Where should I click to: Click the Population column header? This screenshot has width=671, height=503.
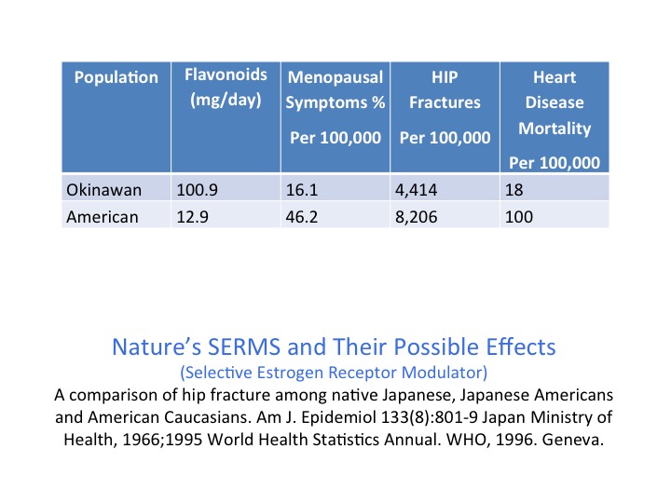click(x=116, y=77)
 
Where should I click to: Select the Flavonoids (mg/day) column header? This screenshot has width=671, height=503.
click(x=226, y=87)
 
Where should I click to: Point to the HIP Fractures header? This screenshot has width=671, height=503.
click(x=445, y=89)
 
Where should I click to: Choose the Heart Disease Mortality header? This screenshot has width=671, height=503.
click(x=554, y=102)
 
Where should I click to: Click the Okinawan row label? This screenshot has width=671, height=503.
click(x=103, y=190)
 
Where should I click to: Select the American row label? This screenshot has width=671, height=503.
click(x=103, y=216)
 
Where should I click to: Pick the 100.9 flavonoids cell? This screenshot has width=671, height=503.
click(x=197, y=190)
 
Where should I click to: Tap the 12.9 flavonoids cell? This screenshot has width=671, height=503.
click(x=193, y=216)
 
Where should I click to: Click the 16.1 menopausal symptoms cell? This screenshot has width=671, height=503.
click(x=303, y=190)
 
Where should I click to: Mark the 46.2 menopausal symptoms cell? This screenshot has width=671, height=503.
click(x=304, y=216)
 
